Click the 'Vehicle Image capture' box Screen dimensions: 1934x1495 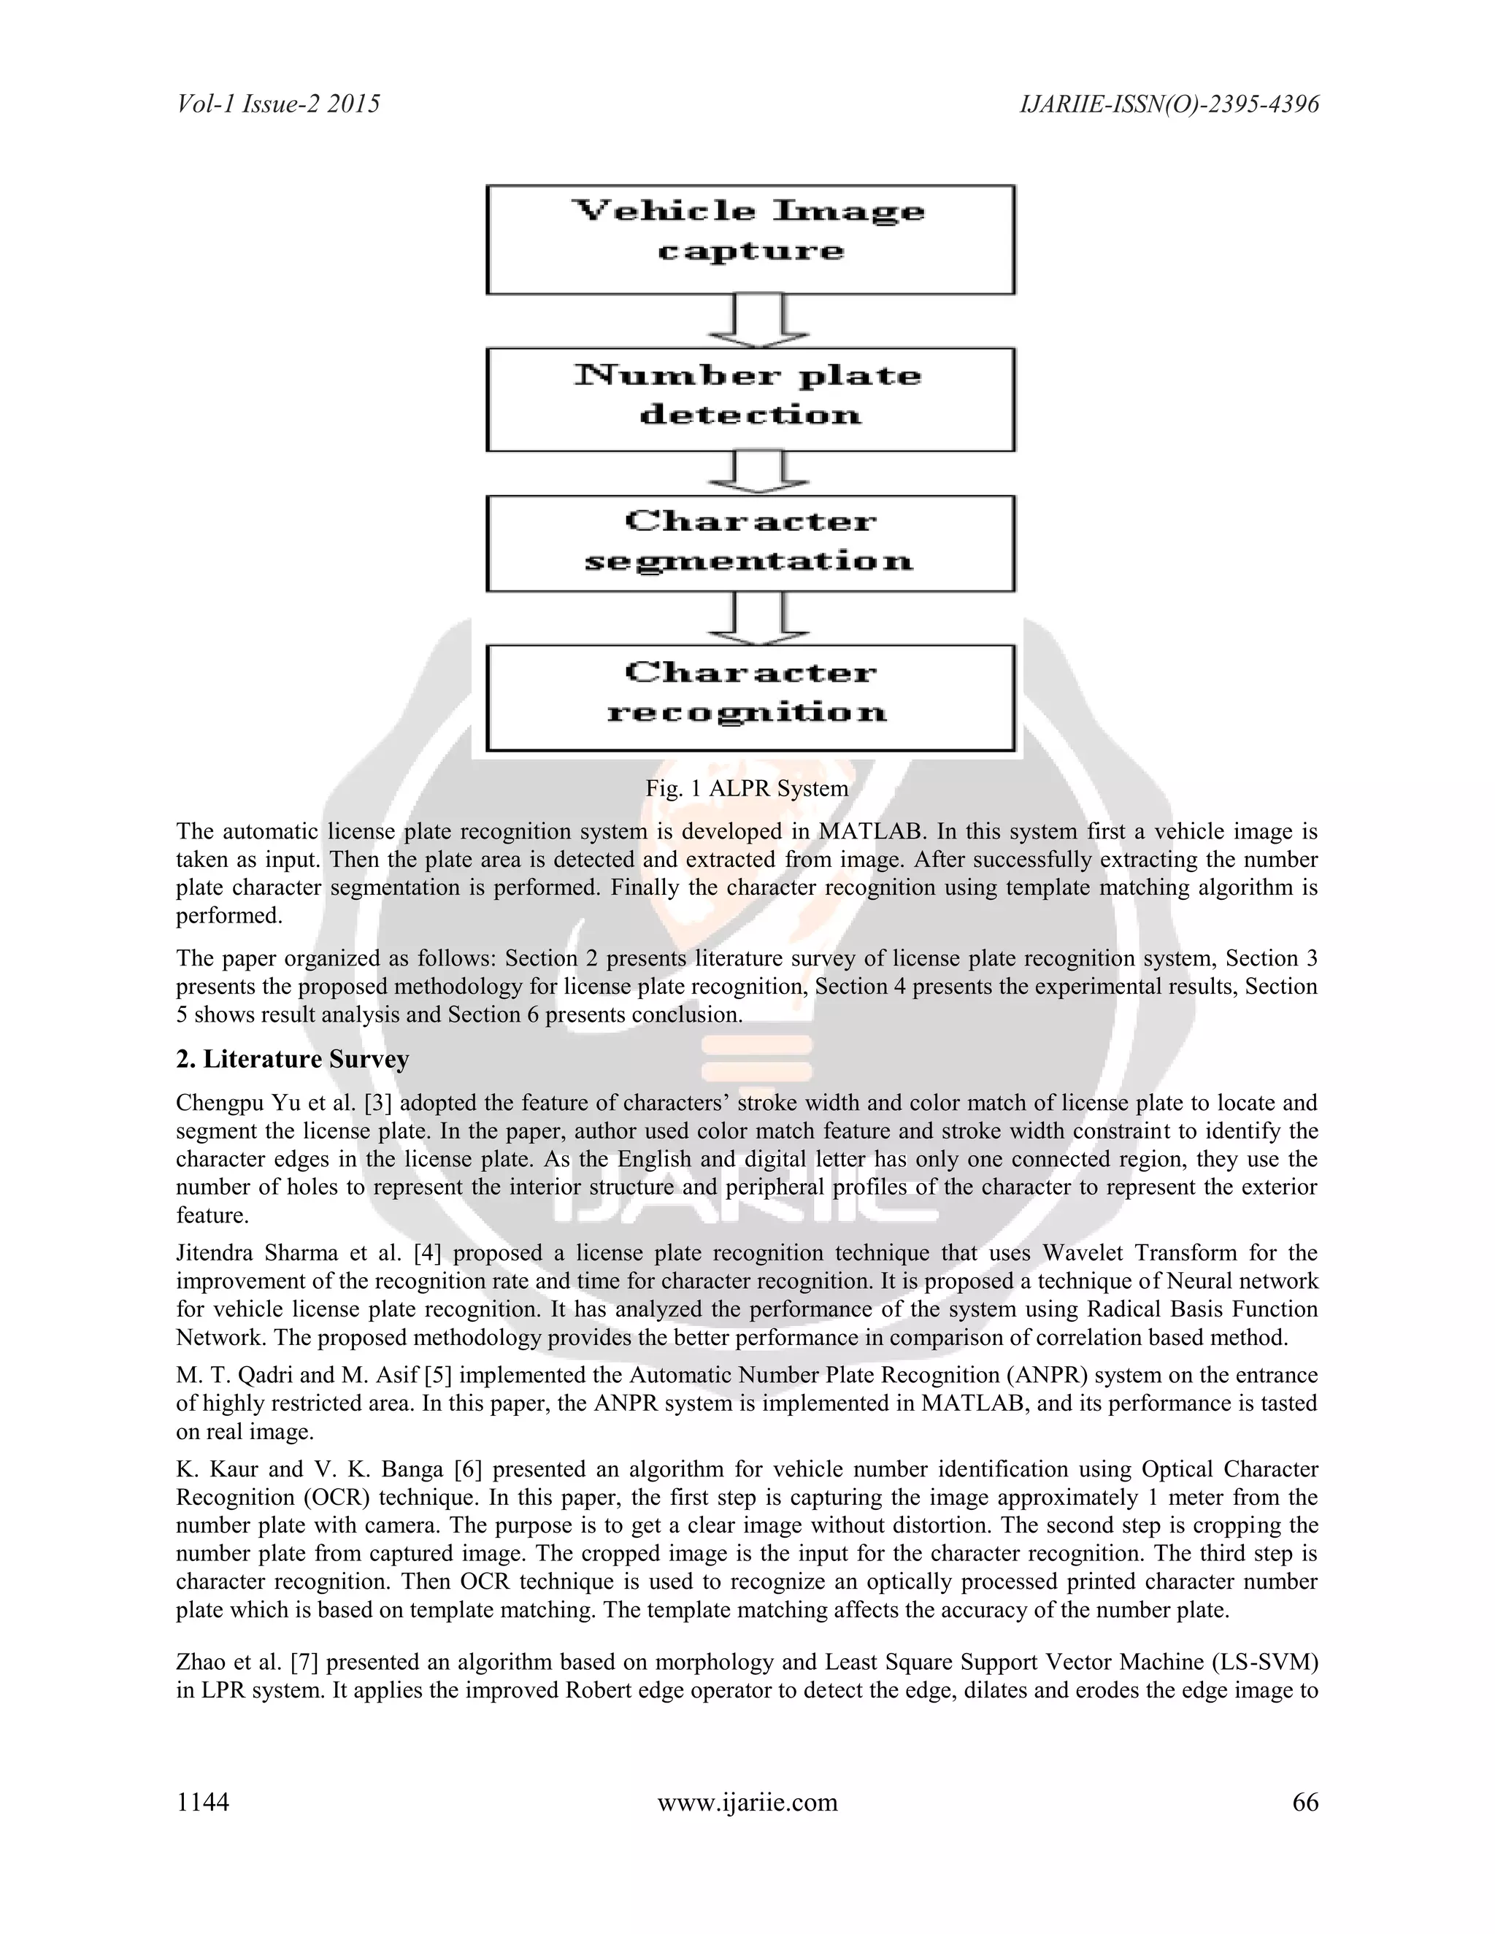point(750,239)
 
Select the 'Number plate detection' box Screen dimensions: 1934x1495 point(750,399)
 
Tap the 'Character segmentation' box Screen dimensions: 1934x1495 point(750,543)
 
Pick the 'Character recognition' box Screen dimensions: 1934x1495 point(750,698)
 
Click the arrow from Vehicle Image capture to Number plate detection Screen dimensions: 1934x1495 point(758,321)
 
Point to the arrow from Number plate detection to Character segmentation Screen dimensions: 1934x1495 point(758,473)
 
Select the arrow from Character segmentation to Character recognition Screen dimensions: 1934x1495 point(758,618)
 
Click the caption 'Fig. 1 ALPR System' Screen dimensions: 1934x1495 point(747,788)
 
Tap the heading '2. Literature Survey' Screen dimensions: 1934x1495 point(292,1059)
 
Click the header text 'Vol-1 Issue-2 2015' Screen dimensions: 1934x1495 point(278,104)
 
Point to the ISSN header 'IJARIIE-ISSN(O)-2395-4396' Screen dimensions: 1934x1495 point(1169,104)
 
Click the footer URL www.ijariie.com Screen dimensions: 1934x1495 point(747,1802)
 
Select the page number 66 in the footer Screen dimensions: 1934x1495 point(1305,1802)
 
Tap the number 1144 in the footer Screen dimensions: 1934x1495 point(203,1802)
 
